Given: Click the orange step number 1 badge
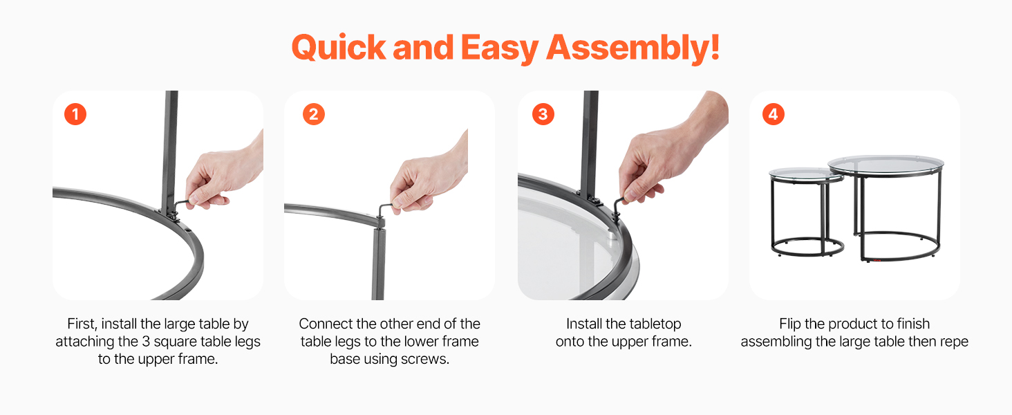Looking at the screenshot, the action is [x=75, y=114].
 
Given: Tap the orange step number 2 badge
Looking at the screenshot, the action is [x=314, y=114].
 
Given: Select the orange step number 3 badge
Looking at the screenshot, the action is [x=543, y=114].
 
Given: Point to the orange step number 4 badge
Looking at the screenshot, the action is [x=774, y=114].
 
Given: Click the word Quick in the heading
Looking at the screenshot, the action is [x=339, y=48].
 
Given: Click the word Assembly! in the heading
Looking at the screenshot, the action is [x=633, y=48].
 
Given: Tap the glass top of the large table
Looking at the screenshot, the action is [x=886, y=165].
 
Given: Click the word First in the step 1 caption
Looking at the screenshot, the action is [x=82, y=324].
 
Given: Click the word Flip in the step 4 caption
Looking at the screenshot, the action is [x=789, y=324].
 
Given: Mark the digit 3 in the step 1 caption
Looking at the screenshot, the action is [x=146, y=342].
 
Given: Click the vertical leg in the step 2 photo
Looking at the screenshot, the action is [x=378, y=262].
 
